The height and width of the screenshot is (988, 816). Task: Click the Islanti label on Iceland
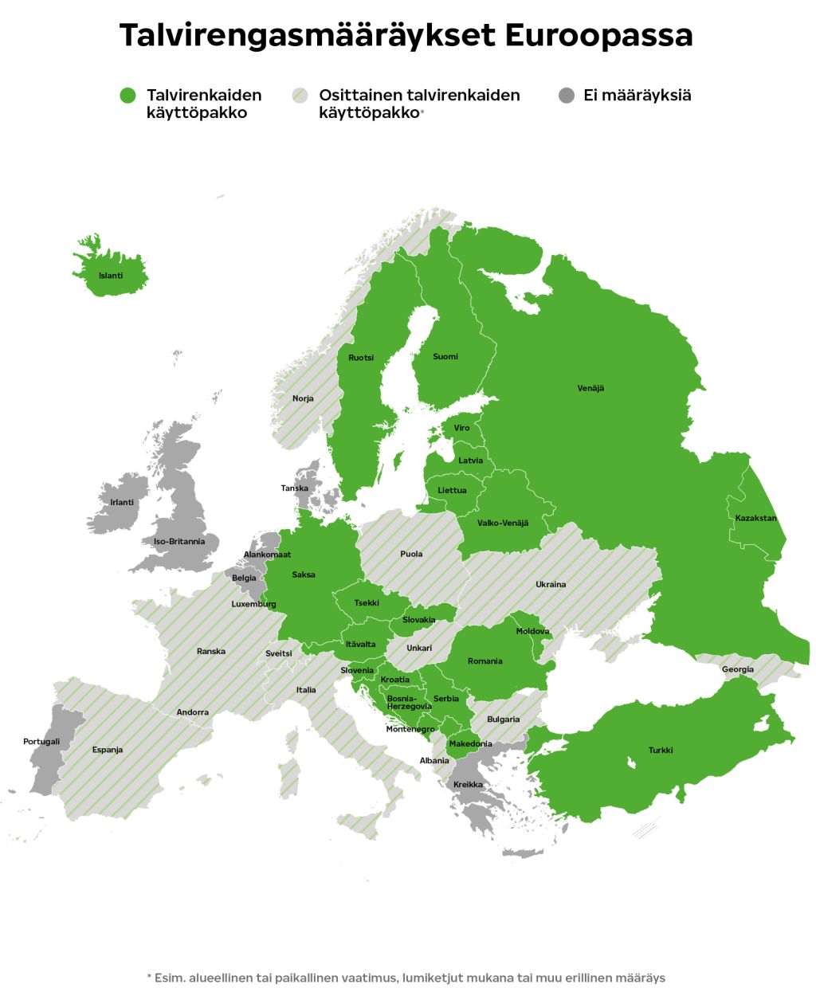[x=111, y=276]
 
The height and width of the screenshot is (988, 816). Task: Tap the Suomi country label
[x=445, y=356]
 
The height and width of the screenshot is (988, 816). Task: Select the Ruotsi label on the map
[x=361, y=358]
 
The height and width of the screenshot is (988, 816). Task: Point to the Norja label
[x=303, y=398]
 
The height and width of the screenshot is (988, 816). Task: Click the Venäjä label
[x=590, y=388]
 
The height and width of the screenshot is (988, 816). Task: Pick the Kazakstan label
[x=755, y=518]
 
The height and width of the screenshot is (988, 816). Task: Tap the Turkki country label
[x=661, y=750]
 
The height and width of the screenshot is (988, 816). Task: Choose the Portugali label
[x=41, y=742]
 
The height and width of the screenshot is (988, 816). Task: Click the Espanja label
[x=108, y=750]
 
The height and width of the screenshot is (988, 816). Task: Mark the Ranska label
[x=211, y=651]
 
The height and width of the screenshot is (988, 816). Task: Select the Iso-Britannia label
[x=179, y=541]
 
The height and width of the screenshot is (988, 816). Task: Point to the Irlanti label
[x=122, y=502]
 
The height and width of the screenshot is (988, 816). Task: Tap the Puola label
[x=411, y=554]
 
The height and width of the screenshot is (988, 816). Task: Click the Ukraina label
[x=551, y=584]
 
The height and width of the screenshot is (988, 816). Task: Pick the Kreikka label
[x=468, y=785]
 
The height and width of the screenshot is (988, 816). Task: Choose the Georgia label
[x=737, y=669]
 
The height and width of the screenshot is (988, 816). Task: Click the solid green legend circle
[x=128, y=96]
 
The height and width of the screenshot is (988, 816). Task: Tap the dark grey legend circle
[x=567, y=96]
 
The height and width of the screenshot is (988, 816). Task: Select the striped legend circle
[x=300, y=96]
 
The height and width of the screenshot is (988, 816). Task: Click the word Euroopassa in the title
[x=598, y=36]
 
